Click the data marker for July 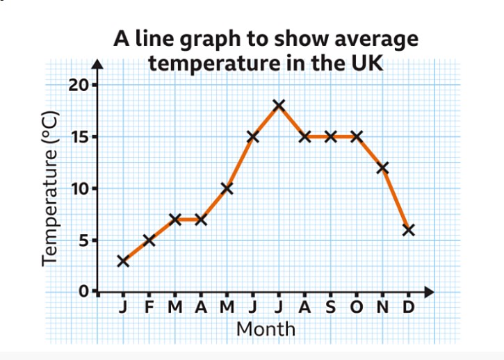tap(279, 106)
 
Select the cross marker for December tap(409, 230)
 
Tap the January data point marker tap(123, 261)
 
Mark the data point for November tap(382, 167)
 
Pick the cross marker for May tap(227, 188)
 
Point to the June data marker tap(253, 137)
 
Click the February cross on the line tap(149, 240)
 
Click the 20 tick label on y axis tap(80, 85)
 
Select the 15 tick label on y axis tap(80, 137)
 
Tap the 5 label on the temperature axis tap(83, 240)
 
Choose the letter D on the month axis tap(409, 308)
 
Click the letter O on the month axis tap(357, 308)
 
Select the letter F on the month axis tap(149, 308)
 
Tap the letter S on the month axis tap(331, 308)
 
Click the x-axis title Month tap(266, 328)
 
